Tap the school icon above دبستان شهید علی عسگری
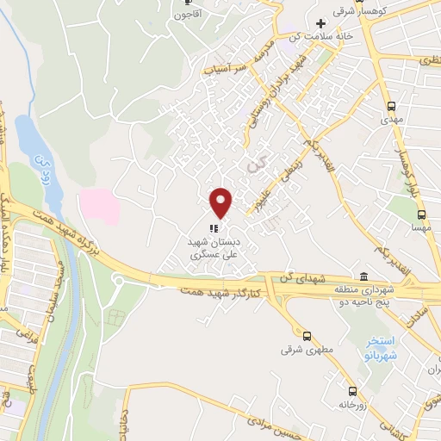pyautogui.click(x=212, y=228)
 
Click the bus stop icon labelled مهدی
pyautogui.click(x=392, y=106)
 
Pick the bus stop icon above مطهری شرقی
pyautogui.click(x=307, y=336)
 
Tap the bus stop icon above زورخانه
pyautogui.click(x=351, y=390)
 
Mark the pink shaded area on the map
pyautogui.click(x=96, y=206)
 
